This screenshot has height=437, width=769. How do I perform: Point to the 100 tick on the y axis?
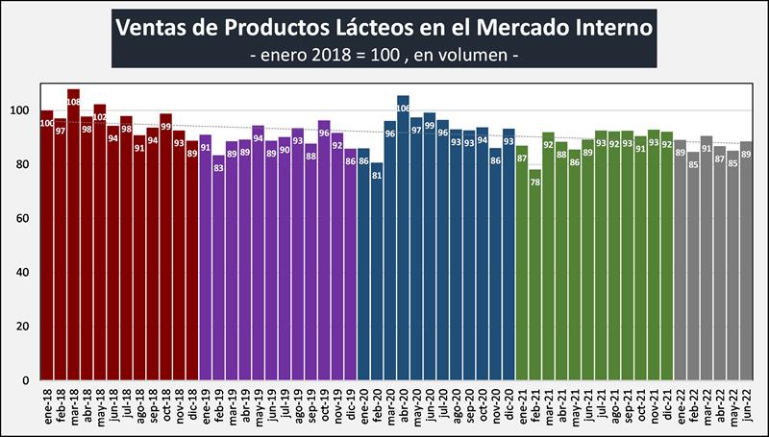(x=26, y=110)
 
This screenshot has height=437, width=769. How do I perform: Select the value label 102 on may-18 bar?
(x=100, y=120)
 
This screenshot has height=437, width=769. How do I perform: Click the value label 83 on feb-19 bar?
(x=218, y=168)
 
